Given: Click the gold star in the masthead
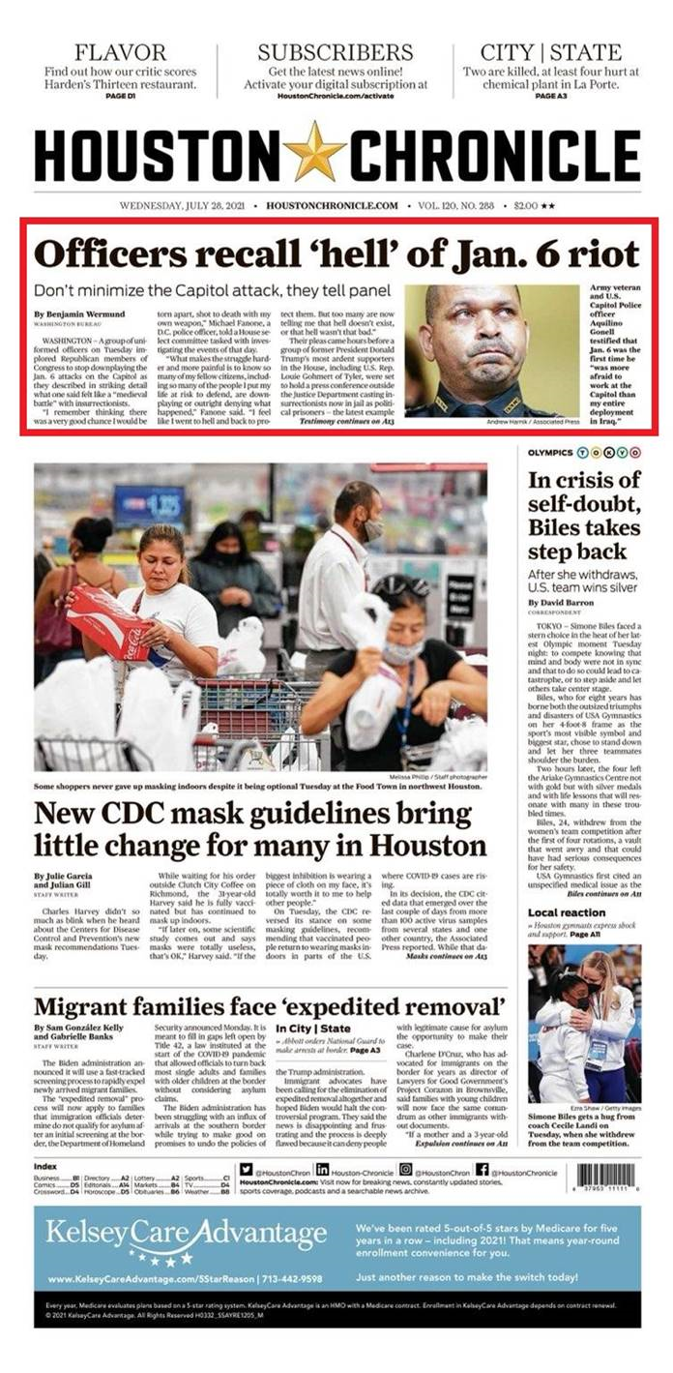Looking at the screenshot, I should (x=314, y=153).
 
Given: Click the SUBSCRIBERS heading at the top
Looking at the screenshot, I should (x=335, y=52).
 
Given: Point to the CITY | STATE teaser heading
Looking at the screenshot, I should (x=551, y=52).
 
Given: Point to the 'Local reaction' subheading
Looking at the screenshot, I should (x=567, y=913).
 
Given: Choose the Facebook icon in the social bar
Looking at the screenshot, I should (x=482, y=1170).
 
